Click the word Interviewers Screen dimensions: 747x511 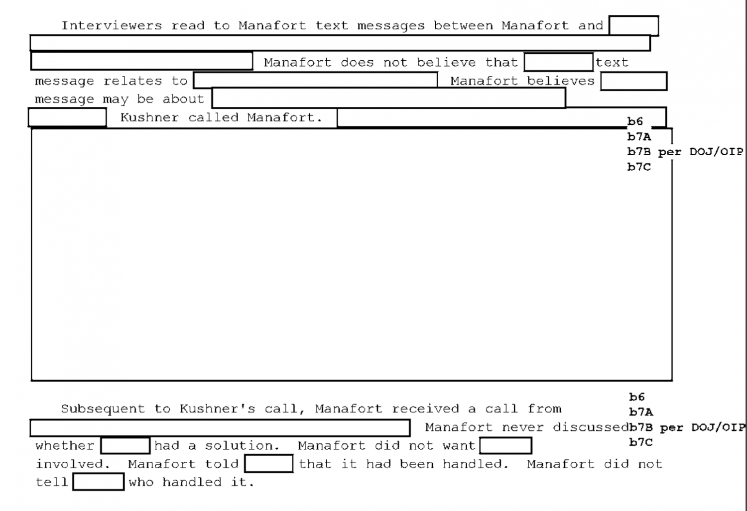112,26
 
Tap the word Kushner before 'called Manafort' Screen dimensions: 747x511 149,117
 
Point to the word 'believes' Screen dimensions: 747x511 561,81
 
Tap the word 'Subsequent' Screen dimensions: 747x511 103,409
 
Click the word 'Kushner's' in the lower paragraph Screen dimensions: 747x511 218,409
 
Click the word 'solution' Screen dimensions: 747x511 242,446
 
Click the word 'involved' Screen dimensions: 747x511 73,464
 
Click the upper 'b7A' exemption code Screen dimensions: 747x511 639,136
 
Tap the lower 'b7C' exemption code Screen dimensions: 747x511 641,442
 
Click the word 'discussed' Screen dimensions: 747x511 591,427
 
